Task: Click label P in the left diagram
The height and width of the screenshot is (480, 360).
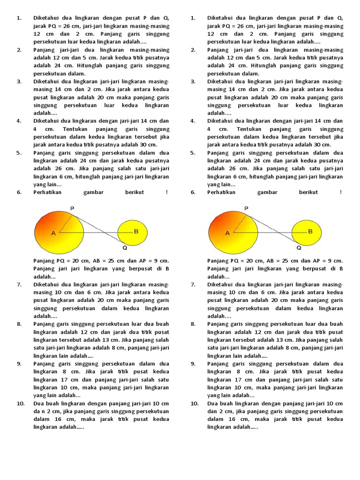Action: (x=72, y=208)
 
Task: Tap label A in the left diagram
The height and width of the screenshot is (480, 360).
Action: (x=53, y=233)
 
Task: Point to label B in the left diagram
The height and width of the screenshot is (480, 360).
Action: (x=136, y=232)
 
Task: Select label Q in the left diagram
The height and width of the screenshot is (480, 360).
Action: (x=125, y=247)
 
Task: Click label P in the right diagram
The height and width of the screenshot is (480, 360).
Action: (x=247, y=208)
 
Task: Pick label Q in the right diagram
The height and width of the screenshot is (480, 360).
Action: (x=299, y=247)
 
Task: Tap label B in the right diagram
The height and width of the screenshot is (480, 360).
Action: (x=310, y=232)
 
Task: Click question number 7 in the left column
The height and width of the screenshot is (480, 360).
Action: (x=19, y=285)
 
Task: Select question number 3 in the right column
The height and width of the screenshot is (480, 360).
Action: (x=193, y=82)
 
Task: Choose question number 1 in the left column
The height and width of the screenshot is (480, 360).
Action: (x=19, y=18)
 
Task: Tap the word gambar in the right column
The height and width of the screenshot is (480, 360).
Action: (x=267, y=193)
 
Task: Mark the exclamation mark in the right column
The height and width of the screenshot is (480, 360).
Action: (x=341, y=193)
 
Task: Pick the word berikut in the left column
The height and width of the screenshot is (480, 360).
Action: (x=135, y=193)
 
